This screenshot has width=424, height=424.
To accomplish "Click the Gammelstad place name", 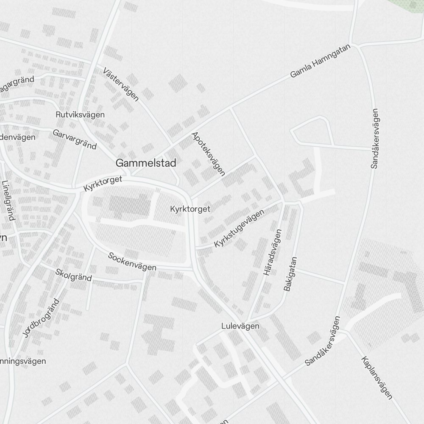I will (146, 163).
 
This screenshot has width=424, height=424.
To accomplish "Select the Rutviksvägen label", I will (80, 114).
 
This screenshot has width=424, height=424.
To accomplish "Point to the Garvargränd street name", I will (75, 139).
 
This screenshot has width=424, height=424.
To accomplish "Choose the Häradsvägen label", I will (273, 253).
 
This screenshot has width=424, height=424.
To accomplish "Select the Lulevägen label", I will (240, 326).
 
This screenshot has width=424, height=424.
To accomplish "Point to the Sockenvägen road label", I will (132, 262).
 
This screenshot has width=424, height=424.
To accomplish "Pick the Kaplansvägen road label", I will (377, 378).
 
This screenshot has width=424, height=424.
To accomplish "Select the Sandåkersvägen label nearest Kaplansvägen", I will (323, 341).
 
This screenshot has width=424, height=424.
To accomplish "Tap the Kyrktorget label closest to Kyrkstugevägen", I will (190, 209).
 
